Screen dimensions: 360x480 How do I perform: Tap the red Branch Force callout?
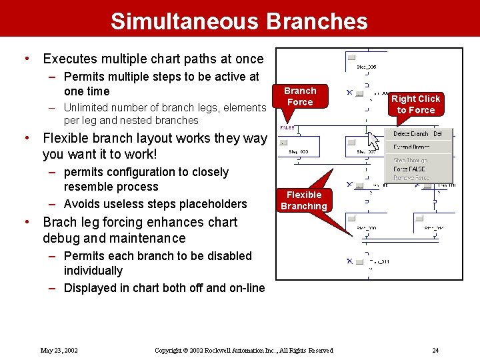(x=300, y=97)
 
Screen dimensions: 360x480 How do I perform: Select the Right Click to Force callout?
(x=415, y=105)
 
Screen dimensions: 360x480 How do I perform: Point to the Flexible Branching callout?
(x=303, y=201)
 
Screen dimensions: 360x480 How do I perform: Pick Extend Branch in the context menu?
(x=411, y=147)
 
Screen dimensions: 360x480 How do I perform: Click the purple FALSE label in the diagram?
(x=287, y=127)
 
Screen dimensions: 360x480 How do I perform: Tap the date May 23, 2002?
(x=59, y=350)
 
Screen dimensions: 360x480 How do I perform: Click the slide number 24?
(x=435, y=350)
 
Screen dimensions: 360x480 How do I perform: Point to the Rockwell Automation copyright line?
(x=243, y=350)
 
